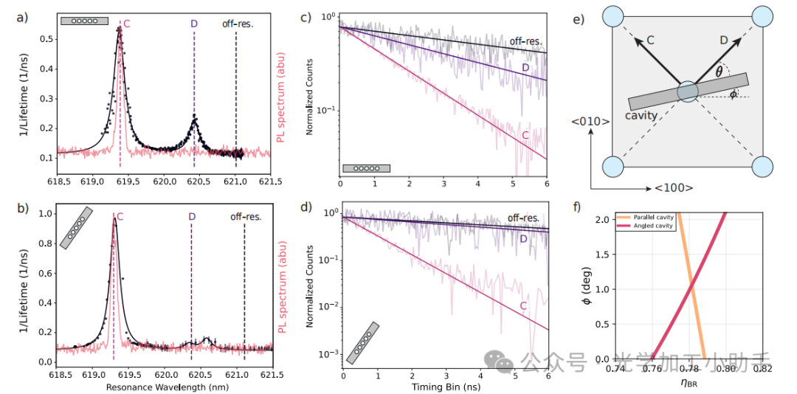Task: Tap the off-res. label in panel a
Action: pos(238,24)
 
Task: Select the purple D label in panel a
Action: pos(194,24)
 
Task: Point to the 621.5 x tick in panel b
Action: pos(272,374)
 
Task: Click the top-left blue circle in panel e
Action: pos(615,15)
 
